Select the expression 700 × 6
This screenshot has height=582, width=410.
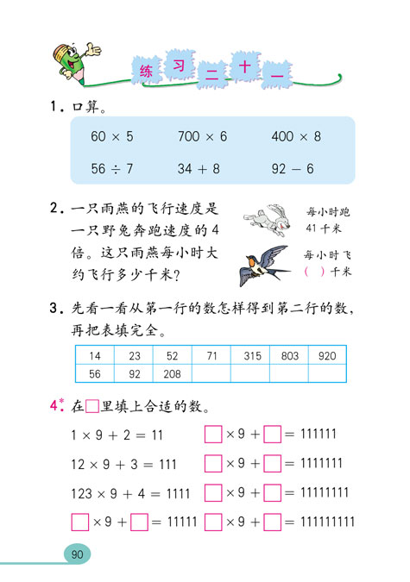click(203, 137)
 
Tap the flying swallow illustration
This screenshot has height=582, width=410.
click(263, 262)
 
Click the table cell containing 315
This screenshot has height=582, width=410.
click(251, 355)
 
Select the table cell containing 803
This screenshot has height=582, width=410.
click(290, 355)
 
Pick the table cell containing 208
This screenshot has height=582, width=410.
click(172, 374)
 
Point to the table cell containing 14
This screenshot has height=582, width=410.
click(94, 355)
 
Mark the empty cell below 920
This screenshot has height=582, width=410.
click(327, 374)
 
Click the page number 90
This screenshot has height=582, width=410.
click(78, 554)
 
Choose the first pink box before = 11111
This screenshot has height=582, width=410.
click(79, 523)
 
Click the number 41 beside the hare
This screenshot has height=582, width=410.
click(312, 228)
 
